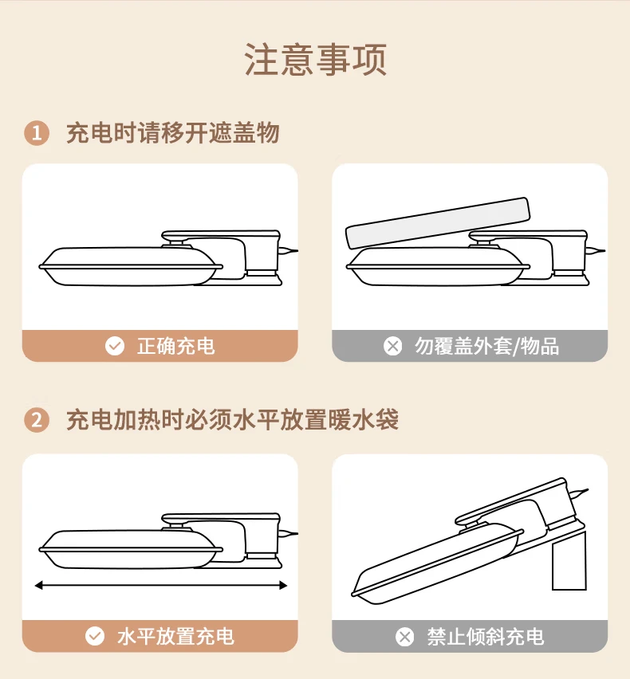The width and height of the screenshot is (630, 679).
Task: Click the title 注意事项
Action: [x=316, y=60]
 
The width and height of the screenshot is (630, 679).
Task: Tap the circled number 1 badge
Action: [x=37, y=133]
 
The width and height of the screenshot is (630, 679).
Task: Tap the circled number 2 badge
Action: [x=37, y=420]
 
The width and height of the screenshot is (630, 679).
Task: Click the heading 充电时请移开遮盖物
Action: [x=172, y=132]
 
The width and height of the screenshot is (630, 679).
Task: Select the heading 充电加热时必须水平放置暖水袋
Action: [x=232, y=420]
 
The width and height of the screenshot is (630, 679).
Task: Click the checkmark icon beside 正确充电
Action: [x=115, y=346]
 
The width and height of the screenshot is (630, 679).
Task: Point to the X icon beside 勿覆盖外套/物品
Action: [x=393, y=346]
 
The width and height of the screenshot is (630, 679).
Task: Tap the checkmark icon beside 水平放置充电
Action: [x=95, y=636]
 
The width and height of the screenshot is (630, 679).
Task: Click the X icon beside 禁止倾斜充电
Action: [x=404, y=637]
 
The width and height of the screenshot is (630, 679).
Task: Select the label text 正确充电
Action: [x=176, y=347]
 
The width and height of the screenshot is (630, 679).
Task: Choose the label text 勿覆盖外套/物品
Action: [x=486, y=347]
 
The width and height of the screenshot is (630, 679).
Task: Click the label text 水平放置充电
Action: [x=175, y=637]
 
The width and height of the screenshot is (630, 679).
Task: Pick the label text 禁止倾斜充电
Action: [x=486, y=637]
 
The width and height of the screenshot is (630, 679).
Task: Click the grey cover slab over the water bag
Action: [x=438, y=223]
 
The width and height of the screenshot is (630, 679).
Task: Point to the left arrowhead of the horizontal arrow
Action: [x=39, y=586]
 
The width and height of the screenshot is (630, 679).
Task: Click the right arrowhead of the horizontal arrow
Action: [x=283, y=586]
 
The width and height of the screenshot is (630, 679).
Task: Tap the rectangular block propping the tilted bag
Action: [x=569, y=561]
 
